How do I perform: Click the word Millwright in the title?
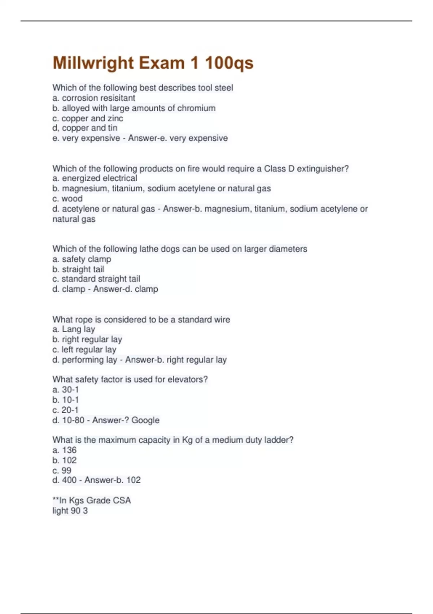(x=93, y=63)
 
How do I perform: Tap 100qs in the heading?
(x=229, y=63)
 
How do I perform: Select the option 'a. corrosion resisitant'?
(x=94, y=98)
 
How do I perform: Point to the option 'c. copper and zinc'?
(x=88, y=118)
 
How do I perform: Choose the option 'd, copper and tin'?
(x=85, y=128)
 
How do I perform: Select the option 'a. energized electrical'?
(x=95, y=178)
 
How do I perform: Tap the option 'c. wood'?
(x=67, y=199)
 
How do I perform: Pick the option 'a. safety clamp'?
(x=82, y=259)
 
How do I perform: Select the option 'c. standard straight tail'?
(x=96, y=279)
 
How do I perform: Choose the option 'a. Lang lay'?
(x=74, y=329)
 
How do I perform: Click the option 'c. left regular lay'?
(x=84, y=350)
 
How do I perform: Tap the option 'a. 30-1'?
(x=65, y=390)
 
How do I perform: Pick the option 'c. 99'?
(x=62, y=470)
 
